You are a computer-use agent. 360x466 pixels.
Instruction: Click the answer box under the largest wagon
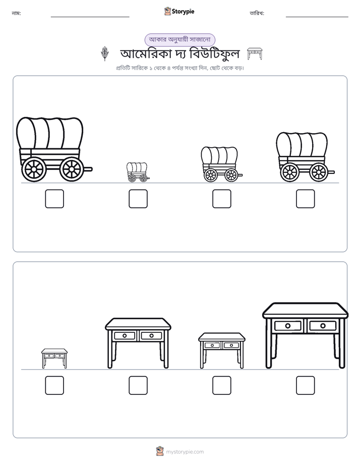54,199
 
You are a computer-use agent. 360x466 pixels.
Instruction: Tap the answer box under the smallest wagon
138,199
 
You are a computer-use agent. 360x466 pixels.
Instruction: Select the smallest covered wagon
138,172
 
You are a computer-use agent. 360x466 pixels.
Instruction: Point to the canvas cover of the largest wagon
49,133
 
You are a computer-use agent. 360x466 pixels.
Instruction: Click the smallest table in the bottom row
54,359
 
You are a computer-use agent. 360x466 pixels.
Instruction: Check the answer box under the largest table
306,385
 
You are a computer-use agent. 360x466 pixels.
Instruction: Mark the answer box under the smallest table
54,385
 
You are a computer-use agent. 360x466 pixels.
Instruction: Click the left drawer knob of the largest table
288,326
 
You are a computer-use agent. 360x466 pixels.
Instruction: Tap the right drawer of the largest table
323,326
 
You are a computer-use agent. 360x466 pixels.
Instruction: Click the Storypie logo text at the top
183,11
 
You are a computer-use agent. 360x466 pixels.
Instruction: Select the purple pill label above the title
179,40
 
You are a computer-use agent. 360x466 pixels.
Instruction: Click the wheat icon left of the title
104,53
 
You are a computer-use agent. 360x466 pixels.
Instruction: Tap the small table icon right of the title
255,54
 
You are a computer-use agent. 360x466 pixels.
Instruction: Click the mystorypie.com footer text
185,452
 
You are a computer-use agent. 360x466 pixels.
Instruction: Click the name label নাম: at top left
16,13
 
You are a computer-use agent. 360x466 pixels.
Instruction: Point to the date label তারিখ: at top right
257,13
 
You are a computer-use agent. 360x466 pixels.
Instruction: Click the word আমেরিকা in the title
146,54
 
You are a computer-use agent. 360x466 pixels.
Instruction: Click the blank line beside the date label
317,17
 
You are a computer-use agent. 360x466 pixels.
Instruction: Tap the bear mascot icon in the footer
160,451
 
